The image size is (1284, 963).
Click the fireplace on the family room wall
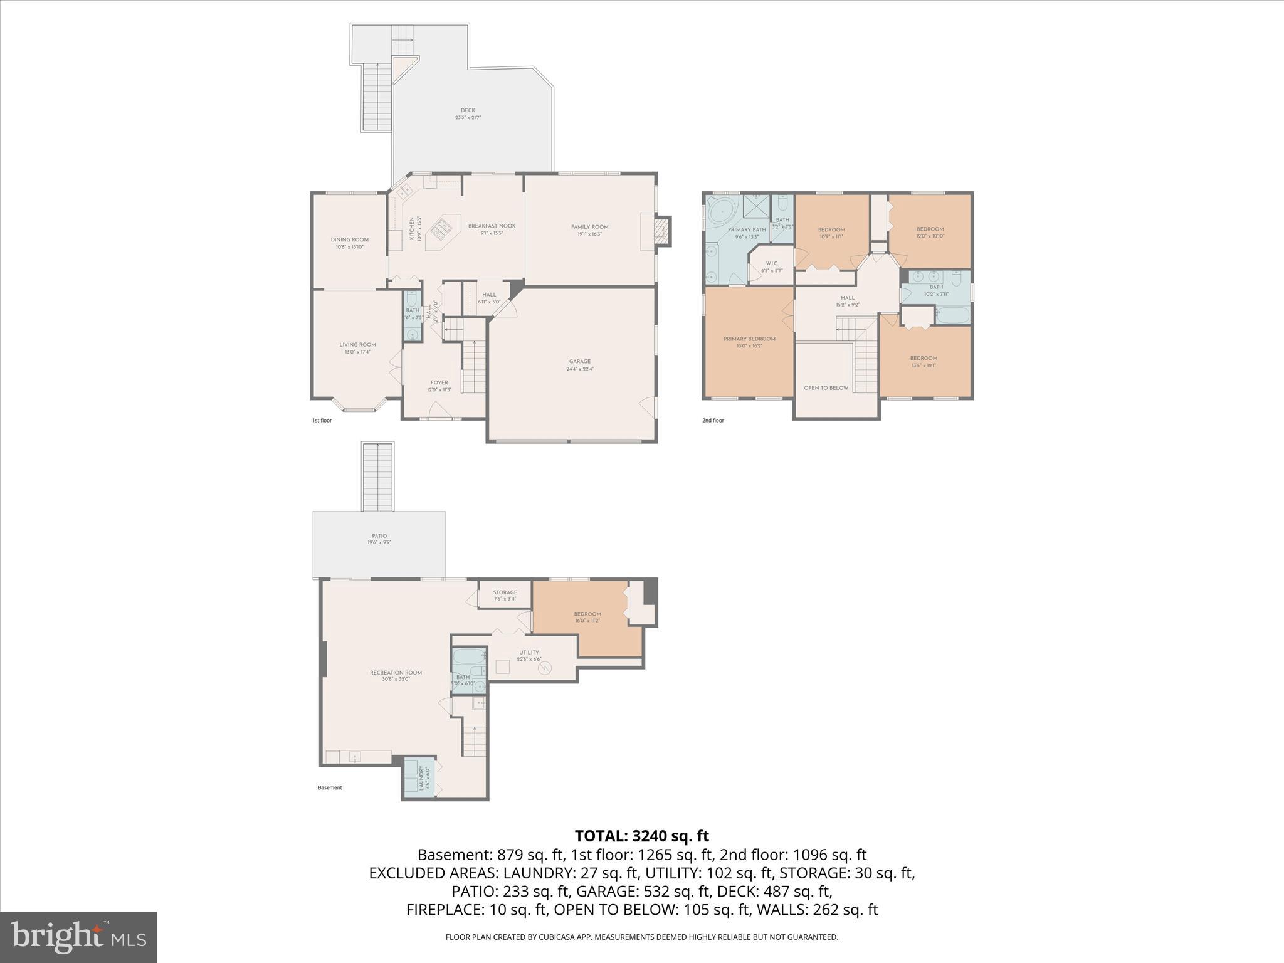pos(662,231)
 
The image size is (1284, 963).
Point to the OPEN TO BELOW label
pos(826,388)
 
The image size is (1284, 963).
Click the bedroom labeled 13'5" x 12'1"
pos(924,361)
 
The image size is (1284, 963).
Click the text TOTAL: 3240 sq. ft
pos(641,836)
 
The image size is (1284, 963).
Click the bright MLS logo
pos(78,937)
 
